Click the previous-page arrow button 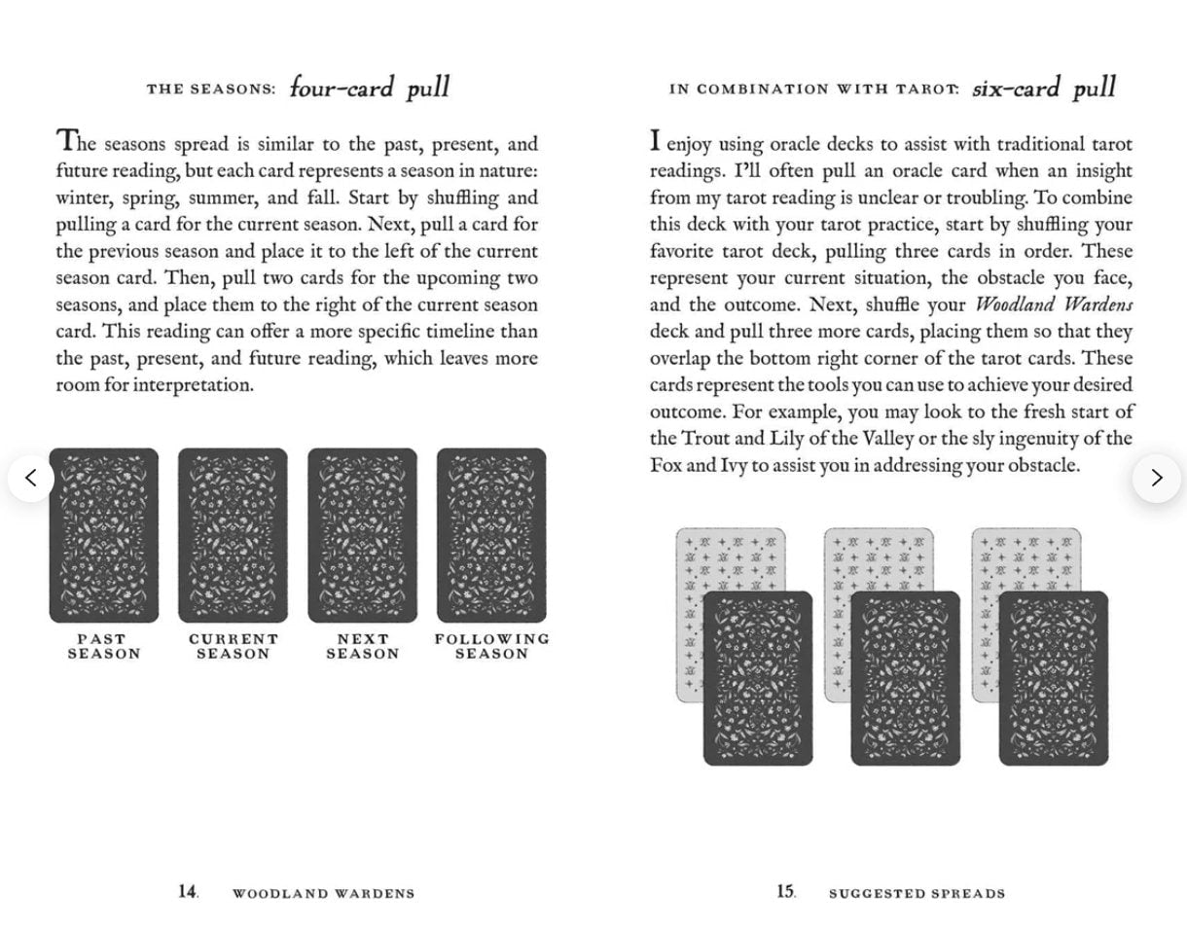pos(31,478)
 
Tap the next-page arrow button pos(1156,478)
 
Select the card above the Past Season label pos(104,535)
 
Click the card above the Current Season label pos(233,535)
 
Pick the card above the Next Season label pos(362,535)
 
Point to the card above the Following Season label pos(491,535)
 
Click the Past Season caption pos(103,646)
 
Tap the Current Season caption pos(233,646)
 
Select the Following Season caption pos(491,646)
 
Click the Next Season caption pos(362,646)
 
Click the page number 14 pos(188,891)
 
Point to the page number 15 pos(785,891)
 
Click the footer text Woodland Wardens pos(323,893)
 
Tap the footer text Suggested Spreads pos(917,893)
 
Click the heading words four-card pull pos(370,88)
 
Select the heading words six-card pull pos(1043,88)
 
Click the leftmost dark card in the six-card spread pos(758,678)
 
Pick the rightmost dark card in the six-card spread pos(1053,678)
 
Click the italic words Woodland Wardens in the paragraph pos(1054,304)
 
